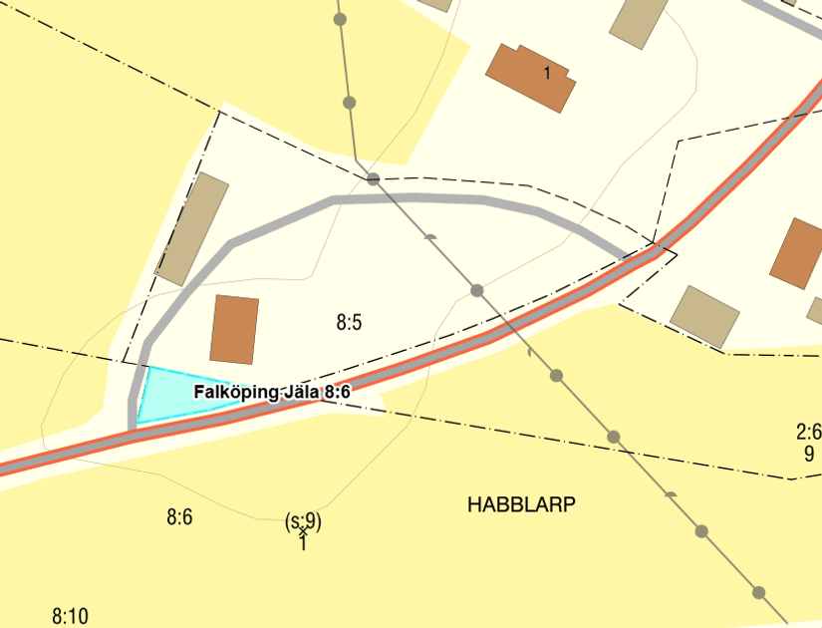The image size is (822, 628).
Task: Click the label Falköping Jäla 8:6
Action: point(272,393)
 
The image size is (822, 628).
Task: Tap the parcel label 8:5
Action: point(349,322)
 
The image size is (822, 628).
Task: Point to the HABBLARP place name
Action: point(521,504)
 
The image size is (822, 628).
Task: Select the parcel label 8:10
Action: point(70,616)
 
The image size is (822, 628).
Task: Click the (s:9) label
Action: point(303,520)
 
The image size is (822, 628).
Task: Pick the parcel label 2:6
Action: point(808,432)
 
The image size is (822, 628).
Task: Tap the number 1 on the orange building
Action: point(547,72)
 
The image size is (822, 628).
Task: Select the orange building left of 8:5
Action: point(235,329)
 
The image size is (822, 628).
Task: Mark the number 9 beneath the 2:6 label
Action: point(809,454)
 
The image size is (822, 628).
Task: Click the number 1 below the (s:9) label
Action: point(303,543)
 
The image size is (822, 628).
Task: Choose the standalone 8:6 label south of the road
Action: point(178,516)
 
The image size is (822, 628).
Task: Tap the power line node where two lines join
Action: point(373,178)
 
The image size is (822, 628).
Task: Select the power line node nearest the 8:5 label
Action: point(477,290)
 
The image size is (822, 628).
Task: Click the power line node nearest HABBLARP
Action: point(614,437)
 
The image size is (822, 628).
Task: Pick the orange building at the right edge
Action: point(797,253)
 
